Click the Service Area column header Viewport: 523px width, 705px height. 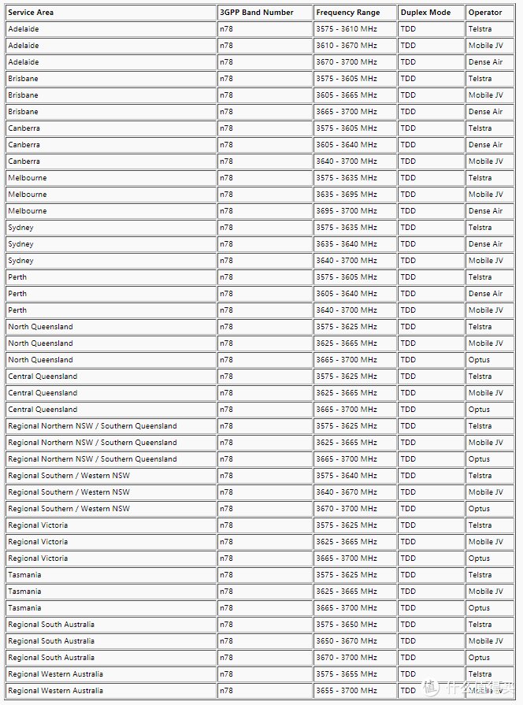tap(31, 13)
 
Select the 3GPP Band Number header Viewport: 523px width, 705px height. tap(257, 13)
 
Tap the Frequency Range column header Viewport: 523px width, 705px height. tap(347, 13)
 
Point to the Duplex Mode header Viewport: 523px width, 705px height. tap(425, 13)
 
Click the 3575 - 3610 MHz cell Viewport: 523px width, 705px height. tap(347, 29)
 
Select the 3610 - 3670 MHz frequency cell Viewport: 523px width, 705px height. tap(347, 46)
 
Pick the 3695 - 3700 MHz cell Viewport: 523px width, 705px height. tap(347, 211)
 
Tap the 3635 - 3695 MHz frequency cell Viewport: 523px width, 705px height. tap(347, 195)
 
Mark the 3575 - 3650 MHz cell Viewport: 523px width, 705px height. tap(347, 625)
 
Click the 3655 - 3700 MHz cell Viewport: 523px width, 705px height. tap(347, 691)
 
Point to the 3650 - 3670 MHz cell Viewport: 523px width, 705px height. tap(347, 641)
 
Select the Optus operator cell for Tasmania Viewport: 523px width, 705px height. tap(479, 608)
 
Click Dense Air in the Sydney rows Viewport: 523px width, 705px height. tap(485, 244)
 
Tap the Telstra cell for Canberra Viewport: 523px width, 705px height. tap(480, 128)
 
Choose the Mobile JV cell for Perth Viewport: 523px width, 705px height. tap(485, 310)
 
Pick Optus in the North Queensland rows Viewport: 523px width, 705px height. tap(479, 360)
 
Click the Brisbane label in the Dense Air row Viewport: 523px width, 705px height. tap(23, 112)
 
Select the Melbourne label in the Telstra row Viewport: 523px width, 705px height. tap(27, 178)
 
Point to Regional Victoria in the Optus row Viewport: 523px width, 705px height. tap(38, 558)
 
